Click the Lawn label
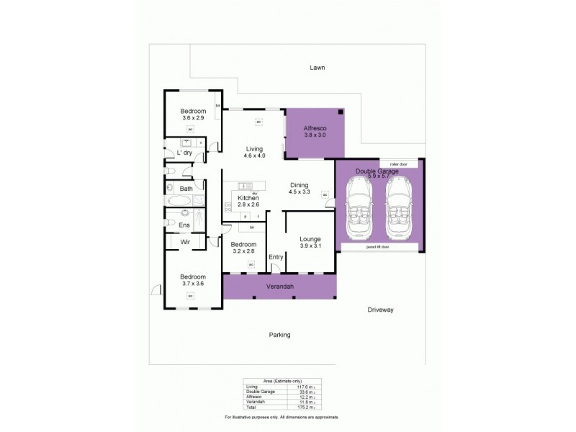pos(318,68)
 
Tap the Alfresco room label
pos(315,131)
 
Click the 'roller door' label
pos(390,164)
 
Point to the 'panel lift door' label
pos(378,247)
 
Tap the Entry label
pos(276,257)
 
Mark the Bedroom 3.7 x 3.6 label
pos(192,280)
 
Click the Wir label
pos(185,243)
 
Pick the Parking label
pos(279,335)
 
